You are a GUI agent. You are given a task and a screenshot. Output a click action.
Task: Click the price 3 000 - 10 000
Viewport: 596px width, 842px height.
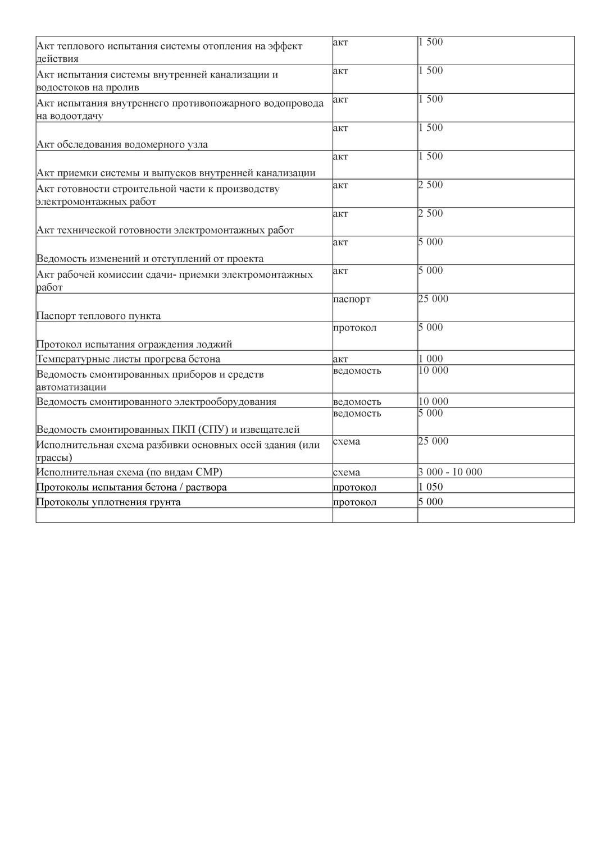(450, 472)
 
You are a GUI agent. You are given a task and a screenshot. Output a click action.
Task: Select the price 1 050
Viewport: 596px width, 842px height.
(430, 487)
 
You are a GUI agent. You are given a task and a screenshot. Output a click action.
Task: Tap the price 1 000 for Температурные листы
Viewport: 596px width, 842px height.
(430, 359)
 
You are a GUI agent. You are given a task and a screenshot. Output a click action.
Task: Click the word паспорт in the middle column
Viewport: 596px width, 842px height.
(352, 299)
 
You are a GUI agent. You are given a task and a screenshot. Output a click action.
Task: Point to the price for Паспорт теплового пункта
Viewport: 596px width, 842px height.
(433, 299)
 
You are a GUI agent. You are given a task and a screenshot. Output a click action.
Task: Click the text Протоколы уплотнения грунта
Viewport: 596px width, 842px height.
(108, 502)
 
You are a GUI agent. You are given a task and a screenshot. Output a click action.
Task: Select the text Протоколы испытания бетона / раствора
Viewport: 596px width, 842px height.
(131, 487)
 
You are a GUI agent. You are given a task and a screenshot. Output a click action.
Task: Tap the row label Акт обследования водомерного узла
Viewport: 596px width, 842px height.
(122, 144)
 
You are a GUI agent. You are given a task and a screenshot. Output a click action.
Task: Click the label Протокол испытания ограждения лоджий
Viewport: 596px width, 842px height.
(134, 344)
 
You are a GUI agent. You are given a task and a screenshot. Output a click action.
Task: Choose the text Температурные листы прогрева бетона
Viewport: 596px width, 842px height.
(128, 359)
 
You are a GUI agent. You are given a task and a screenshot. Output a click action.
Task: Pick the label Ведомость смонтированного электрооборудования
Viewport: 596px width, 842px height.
(156, 401)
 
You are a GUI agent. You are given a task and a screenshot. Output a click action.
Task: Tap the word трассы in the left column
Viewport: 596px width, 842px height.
(54, 457)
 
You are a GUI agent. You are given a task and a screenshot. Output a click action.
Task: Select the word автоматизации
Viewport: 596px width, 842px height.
(71, 387)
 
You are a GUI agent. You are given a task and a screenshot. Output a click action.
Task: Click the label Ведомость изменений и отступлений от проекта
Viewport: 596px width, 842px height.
(150, 259)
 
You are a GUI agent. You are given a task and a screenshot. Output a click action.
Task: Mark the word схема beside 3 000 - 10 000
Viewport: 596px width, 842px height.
(347, 472)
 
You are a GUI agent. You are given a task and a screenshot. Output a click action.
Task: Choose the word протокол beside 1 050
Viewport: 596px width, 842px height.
(354, 487)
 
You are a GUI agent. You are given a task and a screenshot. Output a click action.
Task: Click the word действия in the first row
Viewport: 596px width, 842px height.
(57, 58)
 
